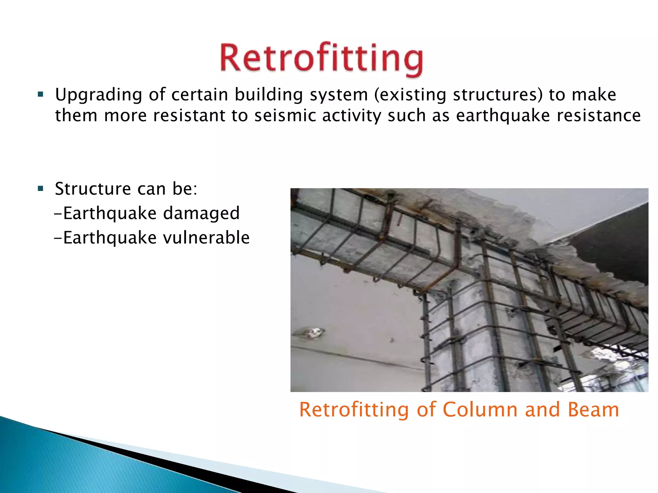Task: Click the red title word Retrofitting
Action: (x=321, y=58)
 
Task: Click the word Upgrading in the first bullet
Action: (x=99, y=95)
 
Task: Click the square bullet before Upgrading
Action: (x=40, y=94)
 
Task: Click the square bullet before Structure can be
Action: (x=40, y=188)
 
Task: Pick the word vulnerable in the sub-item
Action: (x=206, y=238)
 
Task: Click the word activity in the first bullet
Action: (x=351, y=116)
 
